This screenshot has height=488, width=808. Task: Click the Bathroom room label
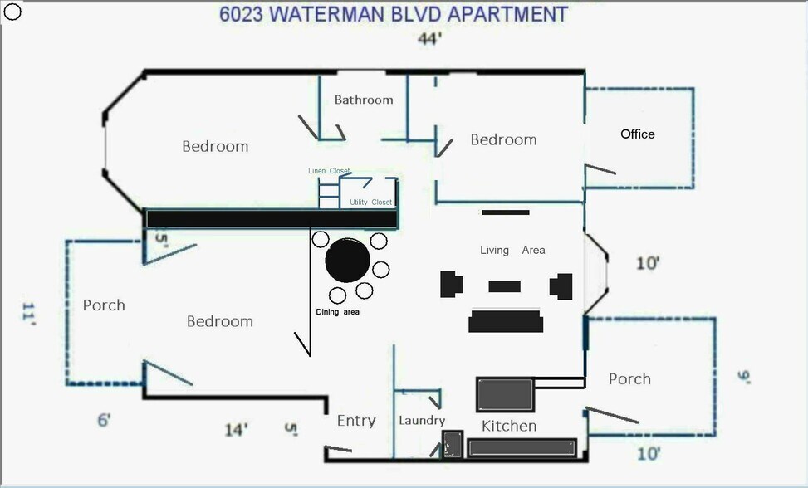click(x=364, y=100)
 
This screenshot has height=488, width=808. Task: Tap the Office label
click(x=638, y=134)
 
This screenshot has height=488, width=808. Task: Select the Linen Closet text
click(x=329, y=171)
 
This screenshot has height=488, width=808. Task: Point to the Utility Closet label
click(x=370, y=203)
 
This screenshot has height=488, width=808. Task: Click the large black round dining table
click(x=347, y=260)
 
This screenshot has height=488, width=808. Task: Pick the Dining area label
click(x=337, y=312)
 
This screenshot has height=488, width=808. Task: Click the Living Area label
click(x=512, y=250)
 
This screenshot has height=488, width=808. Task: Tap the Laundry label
click(x=422, y=421)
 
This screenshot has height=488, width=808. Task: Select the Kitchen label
click(x=509, y=426)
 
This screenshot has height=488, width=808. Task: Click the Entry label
click(x=356, y=422)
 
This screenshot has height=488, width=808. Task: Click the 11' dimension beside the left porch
click(x=29, y=315)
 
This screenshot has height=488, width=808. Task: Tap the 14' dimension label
click(x=237, y=430)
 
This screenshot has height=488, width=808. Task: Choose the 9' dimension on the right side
click(x=743, y=378)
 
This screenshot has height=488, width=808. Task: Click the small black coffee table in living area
click(x=504, y=286)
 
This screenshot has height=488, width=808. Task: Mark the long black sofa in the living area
click(x=505, y=320)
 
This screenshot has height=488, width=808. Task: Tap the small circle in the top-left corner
click(x=12, y=12)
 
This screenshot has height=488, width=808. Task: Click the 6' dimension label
click(x=104, y=421)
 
